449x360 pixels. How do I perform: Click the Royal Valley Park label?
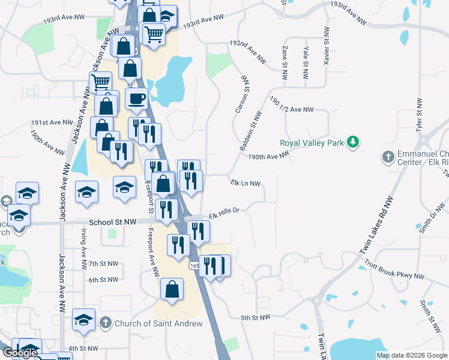tap(314, 143)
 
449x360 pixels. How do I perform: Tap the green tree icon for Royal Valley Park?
tap(355, 142)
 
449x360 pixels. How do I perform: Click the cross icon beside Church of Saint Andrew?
tap(105, 323)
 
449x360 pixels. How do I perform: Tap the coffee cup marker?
tap(137, 98)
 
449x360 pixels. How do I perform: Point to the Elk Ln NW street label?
tap(246, 183)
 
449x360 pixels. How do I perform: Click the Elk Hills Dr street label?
tap(224, 213)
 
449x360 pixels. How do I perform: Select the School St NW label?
tap(112, 221)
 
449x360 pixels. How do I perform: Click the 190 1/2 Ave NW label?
tap(292, 106)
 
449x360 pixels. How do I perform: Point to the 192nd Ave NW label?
tap(248, 52)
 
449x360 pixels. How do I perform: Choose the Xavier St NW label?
tap(326, 46)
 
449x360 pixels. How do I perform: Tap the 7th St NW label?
tap(103, 263)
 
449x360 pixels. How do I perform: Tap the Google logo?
tap(20, 353)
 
